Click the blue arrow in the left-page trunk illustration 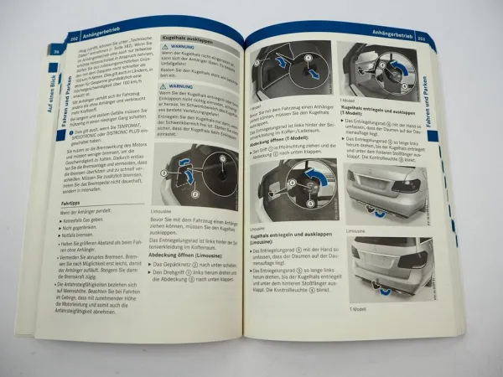[189, 179]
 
